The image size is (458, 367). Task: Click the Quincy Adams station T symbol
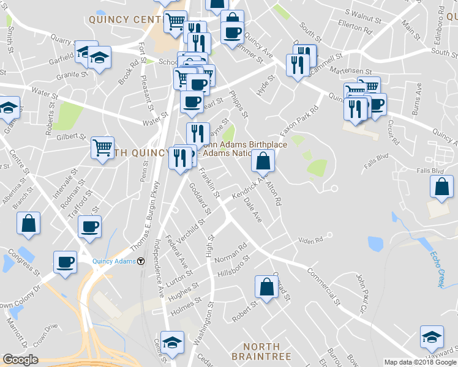pos(141,261)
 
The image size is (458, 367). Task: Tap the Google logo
pos(20,360)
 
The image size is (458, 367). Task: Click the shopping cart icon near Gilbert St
pos(102,147)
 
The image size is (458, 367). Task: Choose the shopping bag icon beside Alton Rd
pos(263,161)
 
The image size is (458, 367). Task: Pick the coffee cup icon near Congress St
pos(65,262)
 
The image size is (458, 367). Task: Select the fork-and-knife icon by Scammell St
pos(298,64)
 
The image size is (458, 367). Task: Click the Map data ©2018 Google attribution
pos(420,362)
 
